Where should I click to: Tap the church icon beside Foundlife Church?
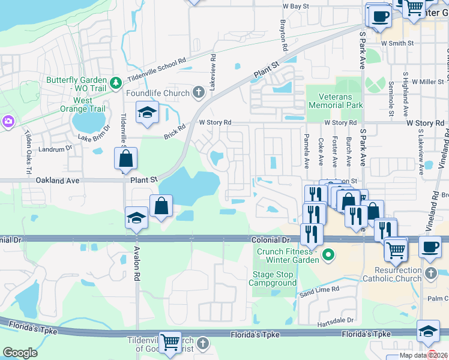200,93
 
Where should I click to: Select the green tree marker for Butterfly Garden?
115,81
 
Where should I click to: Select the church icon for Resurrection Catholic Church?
430,274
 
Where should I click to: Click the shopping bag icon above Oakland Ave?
126,160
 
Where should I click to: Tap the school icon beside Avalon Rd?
137,218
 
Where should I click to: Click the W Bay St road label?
295,6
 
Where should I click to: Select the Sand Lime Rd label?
320,289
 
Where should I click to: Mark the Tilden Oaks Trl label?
28,162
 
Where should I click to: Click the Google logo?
20,353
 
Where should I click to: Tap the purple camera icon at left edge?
7,121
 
